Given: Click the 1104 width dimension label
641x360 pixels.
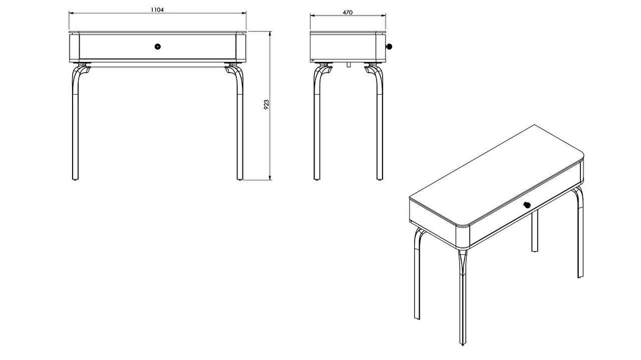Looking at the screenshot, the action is [x=157, y=10].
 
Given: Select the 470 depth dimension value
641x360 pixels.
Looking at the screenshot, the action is [x=348, y=13].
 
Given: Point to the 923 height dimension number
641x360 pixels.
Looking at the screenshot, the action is [x=266, y=105].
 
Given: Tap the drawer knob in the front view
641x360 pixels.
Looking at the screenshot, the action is [x=157, y=47].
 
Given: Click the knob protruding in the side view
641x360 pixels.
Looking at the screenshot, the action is [x=389, y=47].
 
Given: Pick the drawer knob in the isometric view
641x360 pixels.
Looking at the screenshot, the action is [x=527, y=205].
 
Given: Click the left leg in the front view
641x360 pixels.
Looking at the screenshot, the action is [x=76, y=123].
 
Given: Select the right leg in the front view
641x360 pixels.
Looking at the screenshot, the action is [x=240, y=123].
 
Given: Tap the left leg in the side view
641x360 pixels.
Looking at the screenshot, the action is [x=317, y=123].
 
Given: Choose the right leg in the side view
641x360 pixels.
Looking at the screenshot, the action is [x=380, y=123].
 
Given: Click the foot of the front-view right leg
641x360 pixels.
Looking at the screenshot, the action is [x=240, y=179].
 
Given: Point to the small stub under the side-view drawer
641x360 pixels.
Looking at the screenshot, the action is [x=348, y=65].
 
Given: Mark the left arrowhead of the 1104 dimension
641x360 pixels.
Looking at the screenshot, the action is [x=71, y=13].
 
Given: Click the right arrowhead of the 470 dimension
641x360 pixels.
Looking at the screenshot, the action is [x=384, y=16].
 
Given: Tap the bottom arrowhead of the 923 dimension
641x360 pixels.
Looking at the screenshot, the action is [x=270, y=178].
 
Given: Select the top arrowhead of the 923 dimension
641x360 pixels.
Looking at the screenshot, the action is [x=270, y=34].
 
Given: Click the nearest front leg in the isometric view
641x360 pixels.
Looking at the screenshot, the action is [x=462, y=297].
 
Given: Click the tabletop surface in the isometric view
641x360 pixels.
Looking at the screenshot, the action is [x=496, y=175].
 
